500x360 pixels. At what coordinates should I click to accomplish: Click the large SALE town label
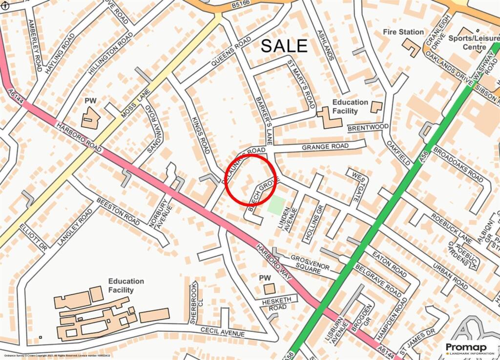tap(284, 45)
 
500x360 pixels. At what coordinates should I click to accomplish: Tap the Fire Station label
tap(403, 32)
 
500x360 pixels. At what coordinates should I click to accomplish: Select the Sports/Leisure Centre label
tap(467, 42)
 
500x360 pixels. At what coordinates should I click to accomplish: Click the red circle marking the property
tap(251, 179)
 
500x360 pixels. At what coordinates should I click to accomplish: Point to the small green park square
tap(276, 205)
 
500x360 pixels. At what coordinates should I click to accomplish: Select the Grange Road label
tap(325, 147)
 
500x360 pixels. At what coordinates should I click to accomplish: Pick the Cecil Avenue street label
tap(223, 332)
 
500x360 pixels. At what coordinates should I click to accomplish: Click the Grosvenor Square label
tap(310, 263)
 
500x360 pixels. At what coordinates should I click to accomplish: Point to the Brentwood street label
tap(368, 128)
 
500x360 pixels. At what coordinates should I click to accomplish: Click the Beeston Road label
tap(118, 212)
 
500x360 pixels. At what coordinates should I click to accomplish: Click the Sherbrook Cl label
tap(193, 302)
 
